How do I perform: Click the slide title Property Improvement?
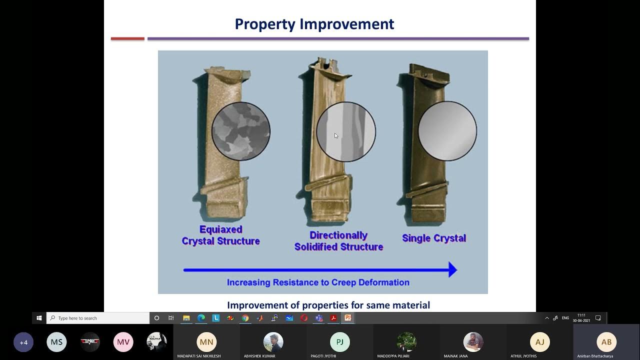314,24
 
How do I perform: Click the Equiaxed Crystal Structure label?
220,235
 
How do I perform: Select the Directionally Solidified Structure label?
338,241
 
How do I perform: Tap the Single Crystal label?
434,238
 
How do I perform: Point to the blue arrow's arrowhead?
452,270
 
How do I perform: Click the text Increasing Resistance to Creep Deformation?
318,282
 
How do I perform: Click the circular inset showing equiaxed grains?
241,131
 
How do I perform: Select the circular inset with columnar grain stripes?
346,131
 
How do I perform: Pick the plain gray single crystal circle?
447,131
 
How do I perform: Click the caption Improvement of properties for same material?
328,305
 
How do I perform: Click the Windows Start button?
39,318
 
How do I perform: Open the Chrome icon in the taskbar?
245,318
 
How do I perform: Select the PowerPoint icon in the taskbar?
348,318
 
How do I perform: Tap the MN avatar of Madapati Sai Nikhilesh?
206,342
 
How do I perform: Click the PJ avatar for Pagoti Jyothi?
339,342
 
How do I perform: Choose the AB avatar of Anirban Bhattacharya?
606,342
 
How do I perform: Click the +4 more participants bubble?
23,342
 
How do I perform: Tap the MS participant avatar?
56,342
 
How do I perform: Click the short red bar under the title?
127,38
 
